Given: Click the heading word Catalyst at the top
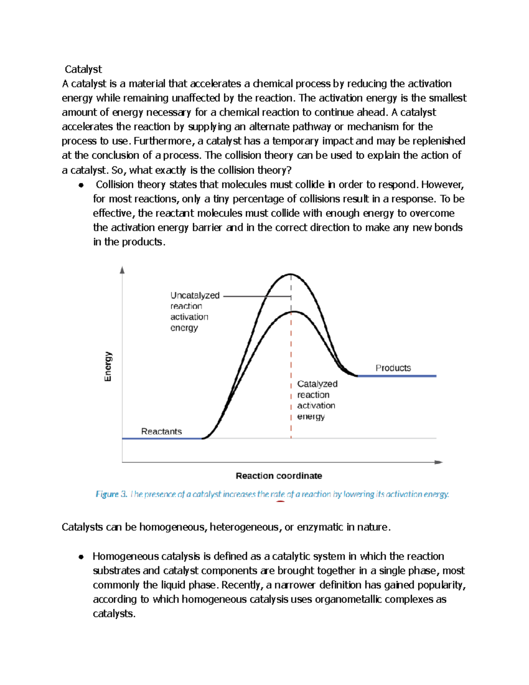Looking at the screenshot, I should tap(83, 69).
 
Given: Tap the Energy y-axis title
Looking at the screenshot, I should tap(108, 366).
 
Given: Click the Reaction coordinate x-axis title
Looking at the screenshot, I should tap(279, 475).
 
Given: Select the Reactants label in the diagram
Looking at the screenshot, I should tap(161, 431).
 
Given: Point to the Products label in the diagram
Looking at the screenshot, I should tap(393, 368).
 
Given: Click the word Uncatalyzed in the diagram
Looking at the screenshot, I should tap(195, 296).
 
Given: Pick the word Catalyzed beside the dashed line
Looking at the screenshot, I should tap(317, 384).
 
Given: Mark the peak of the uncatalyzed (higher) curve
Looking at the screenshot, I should tap(291, 274).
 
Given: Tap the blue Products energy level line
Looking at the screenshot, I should tap(397, 376).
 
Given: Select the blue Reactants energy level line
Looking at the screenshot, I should tap(161, 438).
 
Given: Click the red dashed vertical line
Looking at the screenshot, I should tap(291, 375).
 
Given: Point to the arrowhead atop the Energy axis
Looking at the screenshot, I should tap(123, 270).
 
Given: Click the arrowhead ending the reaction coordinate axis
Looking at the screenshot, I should tap(438, 462).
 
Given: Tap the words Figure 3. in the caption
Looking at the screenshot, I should tap(111, 494).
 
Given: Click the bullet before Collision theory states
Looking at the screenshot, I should tap(81, 185).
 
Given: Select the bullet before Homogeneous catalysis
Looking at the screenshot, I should tap(81, 557).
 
